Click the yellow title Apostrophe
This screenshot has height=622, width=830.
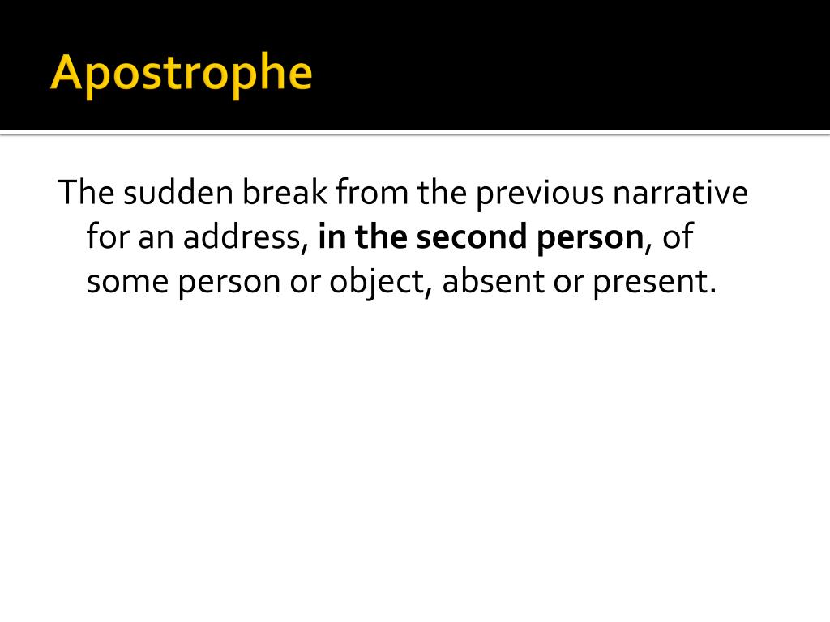[x=181, y=74]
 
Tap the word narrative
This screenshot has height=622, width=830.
[x=681, y=194]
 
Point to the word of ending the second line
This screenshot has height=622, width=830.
[x=677, y=237]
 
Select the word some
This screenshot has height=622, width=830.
[x=125, y=281]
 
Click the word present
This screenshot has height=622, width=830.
[x=654, y=283]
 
